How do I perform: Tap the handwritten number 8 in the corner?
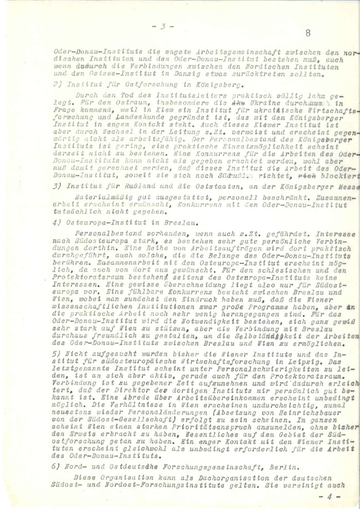308,34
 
